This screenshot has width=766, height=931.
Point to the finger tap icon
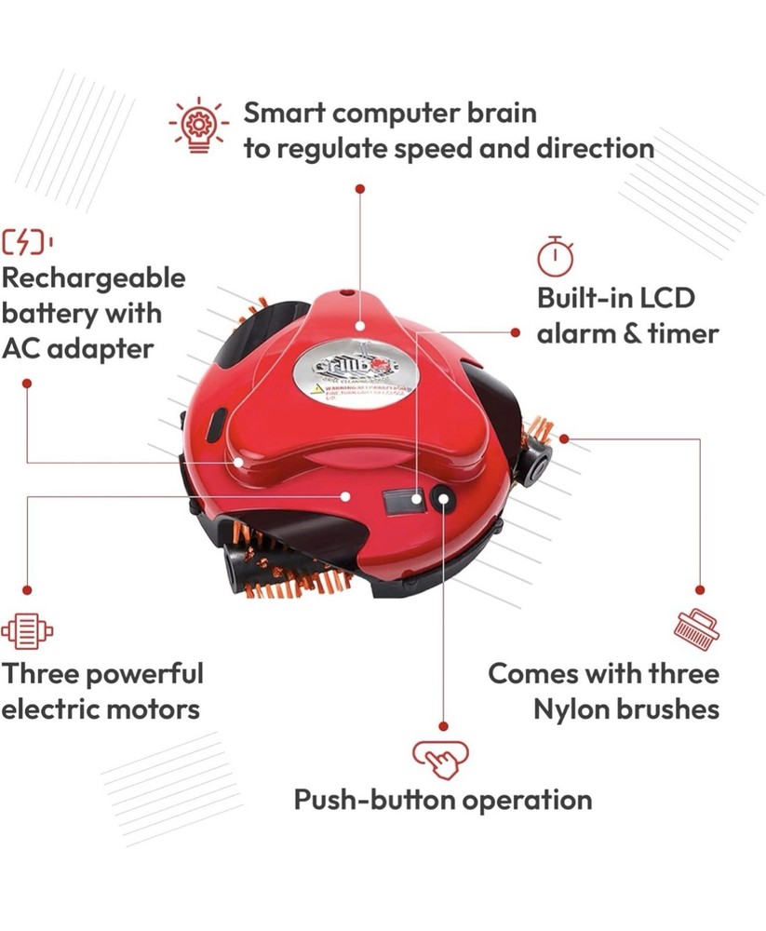click(440, 757)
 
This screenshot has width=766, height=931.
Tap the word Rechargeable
click(94, 278)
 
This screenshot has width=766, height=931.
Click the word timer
click(681, 333)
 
